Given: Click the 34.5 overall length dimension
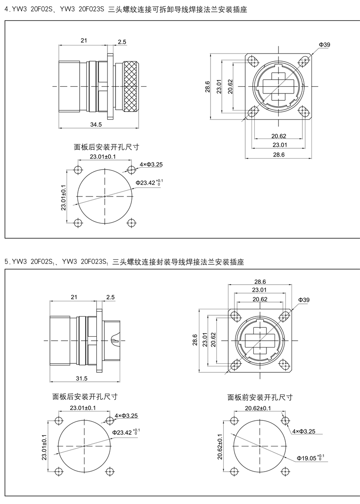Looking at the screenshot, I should (96, 124).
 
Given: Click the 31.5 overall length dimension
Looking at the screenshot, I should (81, 378).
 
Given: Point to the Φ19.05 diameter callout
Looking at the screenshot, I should (310, 458).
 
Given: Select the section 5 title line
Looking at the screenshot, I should (124, 262).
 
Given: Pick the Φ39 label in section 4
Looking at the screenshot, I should (324, 45).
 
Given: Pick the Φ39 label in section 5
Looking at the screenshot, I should (304, 300).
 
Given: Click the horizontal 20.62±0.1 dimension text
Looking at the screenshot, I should (258, 408).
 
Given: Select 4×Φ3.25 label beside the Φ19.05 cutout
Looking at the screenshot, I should (304, 431).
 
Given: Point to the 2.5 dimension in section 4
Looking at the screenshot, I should (122, 42).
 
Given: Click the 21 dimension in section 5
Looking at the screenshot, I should (74, 297).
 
